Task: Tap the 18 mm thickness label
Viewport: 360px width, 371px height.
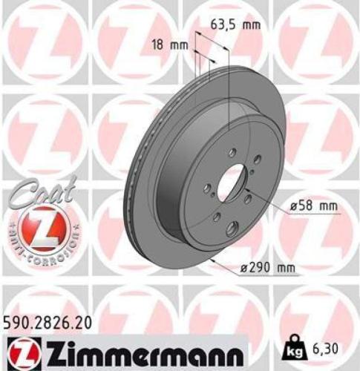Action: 171,45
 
